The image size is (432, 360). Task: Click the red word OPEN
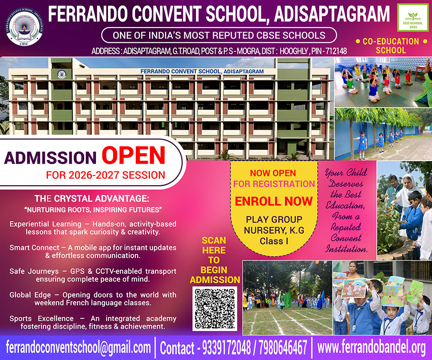click(133, 155)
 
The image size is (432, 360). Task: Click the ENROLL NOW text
click(273, 201)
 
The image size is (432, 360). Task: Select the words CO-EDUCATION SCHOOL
click(390, 46)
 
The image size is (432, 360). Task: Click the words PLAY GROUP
click(274, 220)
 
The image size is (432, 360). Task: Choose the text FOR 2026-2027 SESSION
click(105, 175)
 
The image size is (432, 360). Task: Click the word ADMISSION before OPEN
click(50, 157)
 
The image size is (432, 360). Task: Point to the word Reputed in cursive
click(345, 228)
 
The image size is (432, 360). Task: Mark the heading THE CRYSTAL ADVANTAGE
click(92, 199)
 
